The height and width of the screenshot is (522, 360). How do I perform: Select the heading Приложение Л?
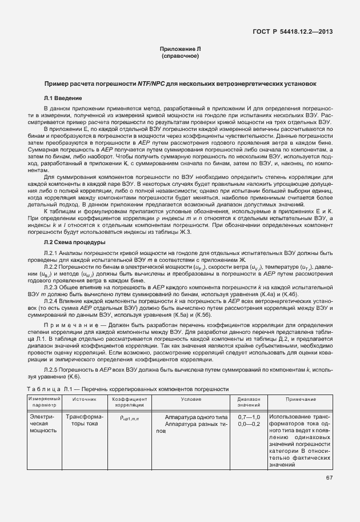(180, 50)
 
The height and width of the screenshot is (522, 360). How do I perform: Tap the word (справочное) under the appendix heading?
(180, 57)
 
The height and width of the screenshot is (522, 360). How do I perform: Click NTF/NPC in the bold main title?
(151, 83)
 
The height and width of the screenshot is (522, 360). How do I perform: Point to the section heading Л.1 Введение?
(61, 98)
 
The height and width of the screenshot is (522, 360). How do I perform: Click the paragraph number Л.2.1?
(52, 253)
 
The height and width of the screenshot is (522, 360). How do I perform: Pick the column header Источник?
(84, 399)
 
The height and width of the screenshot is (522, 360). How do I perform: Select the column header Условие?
(191, 399)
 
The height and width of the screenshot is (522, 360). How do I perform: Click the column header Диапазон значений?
(249, 401)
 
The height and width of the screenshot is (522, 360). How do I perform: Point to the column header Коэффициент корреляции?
(130, 401)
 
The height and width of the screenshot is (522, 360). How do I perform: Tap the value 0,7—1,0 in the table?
(249, 417)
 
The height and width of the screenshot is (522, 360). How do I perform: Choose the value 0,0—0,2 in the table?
(249, 424)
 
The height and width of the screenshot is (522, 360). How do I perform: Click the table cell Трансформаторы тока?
(84, 421)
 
